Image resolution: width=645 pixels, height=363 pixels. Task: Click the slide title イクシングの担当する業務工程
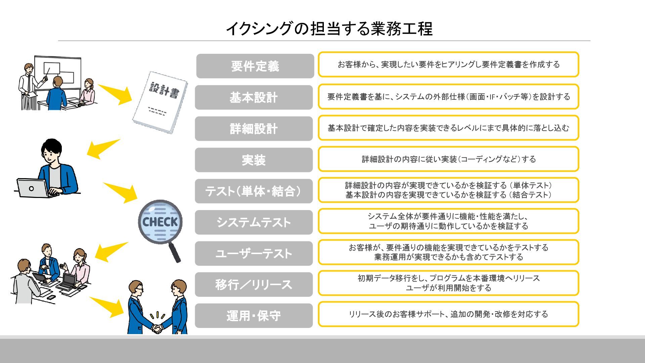tap(329, 29)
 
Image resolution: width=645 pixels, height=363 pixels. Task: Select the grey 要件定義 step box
tap(255, 66)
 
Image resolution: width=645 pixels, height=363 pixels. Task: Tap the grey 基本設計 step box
tap(254, 97)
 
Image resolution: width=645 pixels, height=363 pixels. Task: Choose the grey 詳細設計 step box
tap(254, 129)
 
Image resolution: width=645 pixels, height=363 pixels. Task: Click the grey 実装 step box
tap(254, 160)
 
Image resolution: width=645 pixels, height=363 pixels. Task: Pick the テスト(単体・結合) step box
tap(254, 191)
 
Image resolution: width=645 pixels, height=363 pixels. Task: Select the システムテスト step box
tap(254, 222)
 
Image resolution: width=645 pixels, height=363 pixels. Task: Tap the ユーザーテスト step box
tap(254, 253)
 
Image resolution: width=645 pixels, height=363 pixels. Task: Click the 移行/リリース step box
tap(254, 285)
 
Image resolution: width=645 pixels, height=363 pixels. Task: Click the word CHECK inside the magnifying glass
tap(160, 222)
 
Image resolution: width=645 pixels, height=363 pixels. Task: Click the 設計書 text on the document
tap(164, 90)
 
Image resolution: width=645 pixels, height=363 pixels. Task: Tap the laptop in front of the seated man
tap(33, 188)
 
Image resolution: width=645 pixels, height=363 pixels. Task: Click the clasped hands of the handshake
tap(157, 328)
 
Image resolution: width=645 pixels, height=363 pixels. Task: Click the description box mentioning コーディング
tap(448, 159)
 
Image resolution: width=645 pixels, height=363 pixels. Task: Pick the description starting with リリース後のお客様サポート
tap(448, 314)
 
